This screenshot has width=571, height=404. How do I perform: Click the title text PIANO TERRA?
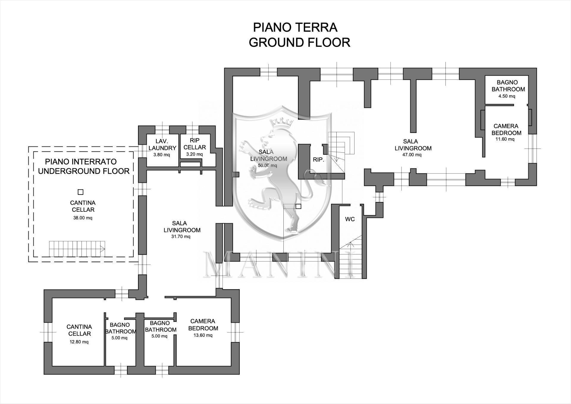pos(295,27)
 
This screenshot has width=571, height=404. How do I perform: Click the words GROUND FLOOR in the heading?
pos(299,43)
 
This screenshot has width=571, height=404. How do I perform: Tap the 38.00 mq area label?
pos(83,218)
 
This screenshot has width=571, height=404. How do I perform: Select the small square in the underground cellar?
pos(80,192)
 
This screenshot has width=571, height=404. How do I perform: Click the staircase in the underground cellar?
pos(77,249)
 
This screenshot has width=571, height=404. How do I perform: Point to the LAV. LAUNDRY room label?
pos(162,144)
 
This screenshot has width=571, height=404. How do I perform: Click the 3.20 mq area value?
pos(194,154)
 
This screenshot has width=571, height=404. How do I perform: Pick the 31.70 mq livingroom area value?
pos(181,237)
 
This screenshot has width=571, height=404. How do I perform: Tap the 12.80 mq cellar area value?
pos(79,342)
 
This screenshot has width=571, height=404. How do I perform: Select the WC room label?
pos(350,219)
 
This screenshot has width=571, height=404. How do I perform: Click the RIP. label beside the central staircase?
pos(318,160)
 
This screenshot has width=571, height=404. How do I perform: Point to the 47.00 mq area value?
pos(412,155)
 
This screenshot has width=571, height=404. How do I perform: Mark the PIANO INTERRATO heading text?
pos(81,162)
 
